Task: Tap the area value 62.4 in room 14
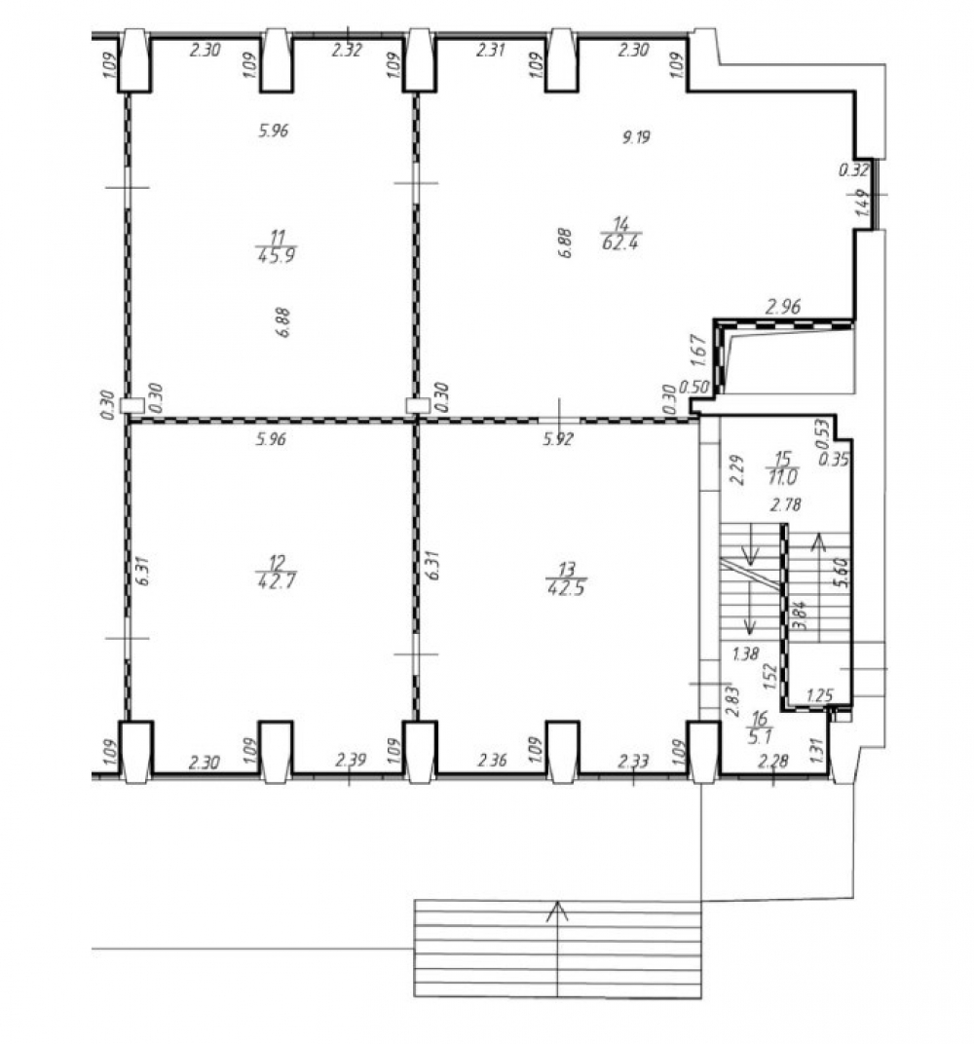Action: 620,242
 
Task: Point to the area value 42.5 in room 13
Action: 566,588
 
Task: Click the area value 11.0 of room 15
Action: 782,477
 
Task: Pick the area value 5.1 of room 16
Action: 760,737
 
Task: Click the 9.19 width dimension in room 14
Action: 636,138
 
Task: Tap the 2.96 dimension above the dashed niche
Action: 783,307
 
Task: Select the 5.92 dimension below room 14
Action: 558,439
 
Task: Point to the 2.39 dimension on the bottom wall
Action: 351,760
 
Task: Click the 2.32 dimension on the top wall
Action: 347,50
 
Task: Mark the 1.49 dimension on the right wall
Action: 862,202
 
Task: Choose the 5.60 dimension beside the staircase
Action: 843,572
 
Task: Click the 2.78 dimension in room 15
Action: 786,505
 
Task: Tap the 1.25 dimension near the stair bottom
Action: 819,695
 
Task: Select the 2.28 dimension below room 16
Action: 773,761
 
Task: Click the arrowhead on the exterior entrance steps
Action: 557,911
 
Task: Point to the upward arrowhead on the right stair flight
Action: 819,542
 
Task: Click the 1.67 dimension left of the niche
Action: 697,351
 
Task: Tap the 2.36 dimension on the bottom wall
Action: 492,760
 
